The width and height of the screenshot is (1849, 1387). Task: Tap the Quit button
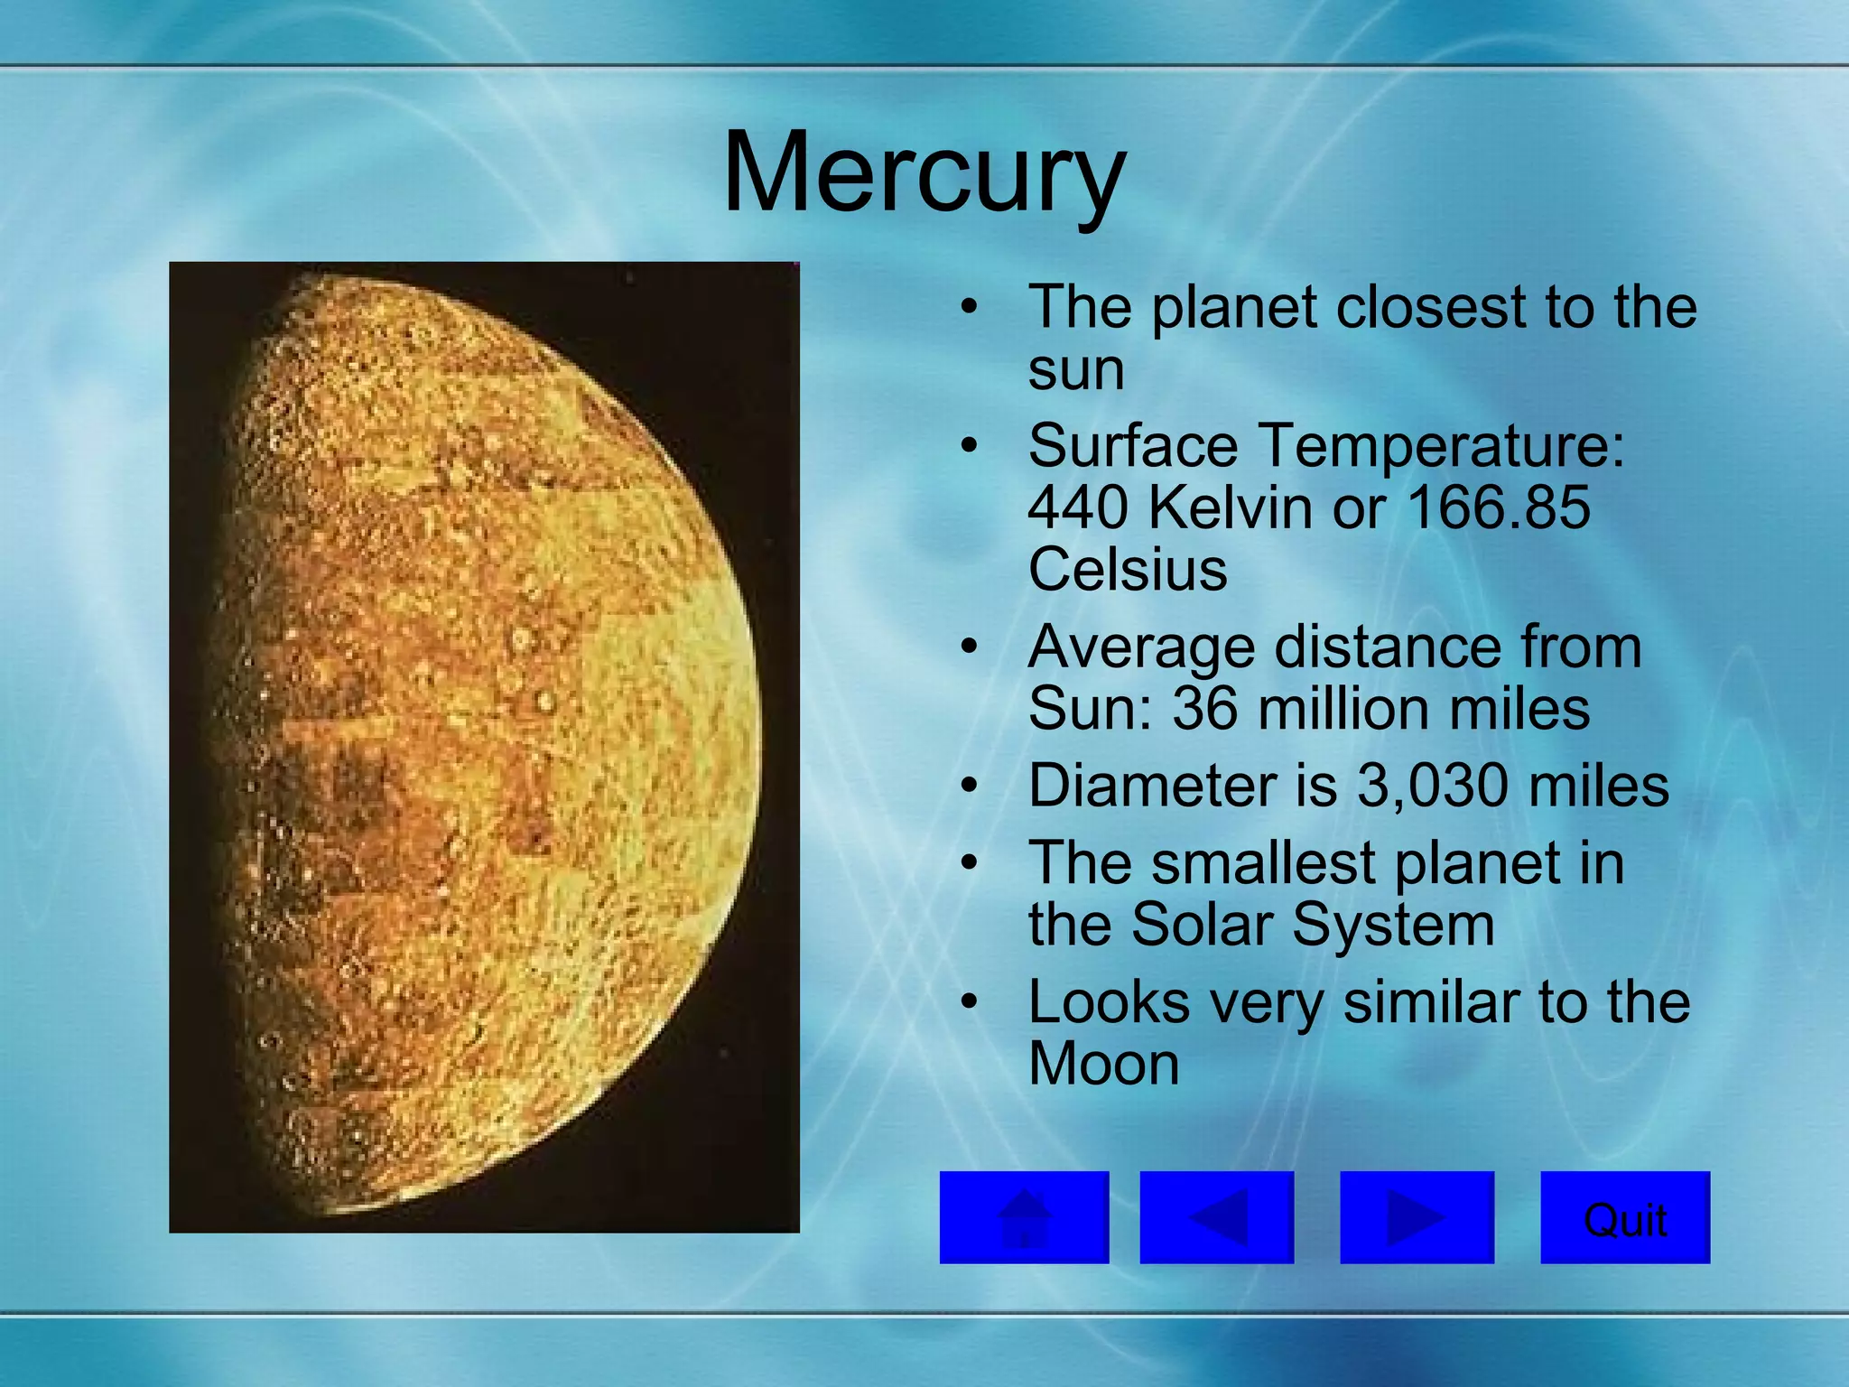(1624, 1218)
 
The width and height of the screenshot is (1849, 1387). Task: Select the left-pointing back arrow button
(1216, 1218)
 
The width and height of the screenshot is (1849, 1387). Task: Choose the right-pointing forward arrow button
(1417, 1218)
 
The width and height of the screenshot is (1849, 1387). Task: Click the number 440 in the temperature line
(1077, 507)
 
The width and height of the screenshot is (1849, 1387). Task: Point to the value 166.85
(1499, 507)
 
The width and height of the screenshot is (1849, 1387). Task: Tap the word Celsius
(1128, 570)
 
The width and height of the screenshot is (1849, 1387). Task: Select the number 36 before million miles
(1204, 709)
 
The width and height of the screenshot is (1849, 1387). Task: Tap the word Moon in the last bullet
(1103, 1065)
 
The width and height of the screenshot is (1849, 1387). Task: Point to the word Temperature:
(1441, 446)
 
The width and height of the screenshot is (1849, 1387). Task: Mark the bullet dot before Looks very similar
(970, 1002)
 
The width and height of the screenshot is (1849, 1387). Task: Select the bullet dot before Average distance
(970, 647)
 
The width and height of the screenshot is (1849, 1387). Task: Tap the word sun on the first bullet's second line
(1076, 369)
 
